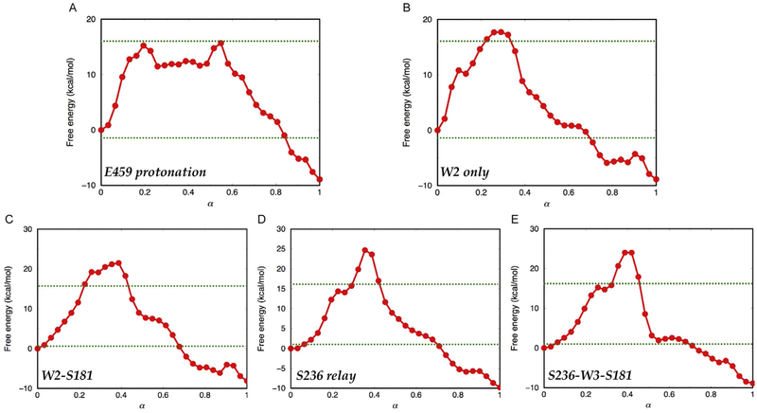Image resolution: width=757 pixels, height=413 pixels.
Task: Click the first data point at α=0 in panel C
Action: [37, 349]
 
